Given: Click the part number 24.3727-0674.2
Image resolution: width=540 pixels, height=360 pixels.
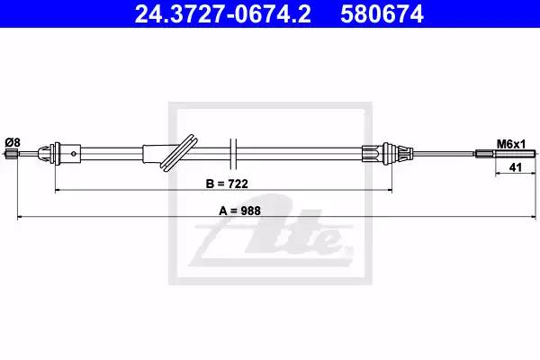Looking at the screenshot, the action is [222, 14].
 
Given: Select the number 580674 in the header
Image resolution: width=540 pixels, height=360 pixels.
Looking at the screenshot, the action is [382, 14].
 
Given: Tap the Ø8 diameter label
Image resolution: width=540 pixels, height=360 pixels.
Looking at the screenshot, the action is [13, 142].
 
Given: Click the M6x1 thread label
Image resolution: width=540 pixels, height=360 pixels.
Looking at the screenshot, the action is [511, 144].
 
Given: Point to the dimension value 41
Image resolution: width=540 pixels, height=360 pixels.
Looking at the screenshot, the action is [515, 167].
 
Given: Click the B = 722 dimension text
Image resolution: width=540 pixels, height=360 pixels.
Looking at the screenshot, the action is [227, 184].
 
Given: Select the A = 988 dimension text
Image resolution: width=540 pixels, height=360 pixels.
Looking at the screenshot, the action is [239, 211].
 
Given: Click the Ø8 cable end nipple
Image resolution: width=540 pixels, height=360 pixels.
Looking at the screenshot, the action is [12, 154].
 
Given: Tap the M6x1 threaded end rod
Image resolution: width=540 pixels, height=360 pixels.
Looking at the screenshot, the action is [506, 154].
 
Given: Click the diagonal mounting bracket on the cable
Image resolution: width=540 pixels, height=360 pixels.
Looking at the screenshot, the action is [179, 152].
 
